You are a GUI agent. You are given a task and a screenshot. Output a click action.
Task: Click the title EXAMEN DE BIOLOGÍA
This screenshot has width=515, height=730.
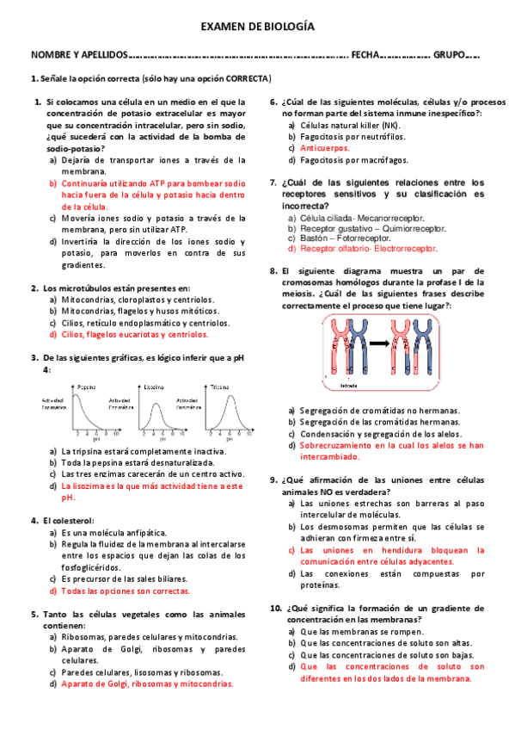257,28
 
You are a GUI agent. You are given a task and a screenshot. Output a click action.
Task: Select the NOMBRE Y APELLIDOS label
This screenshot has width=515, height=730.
78,54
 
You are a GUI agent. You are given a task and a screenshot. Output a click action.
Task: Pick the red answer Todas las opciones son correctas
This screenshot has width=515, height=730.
126,591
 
